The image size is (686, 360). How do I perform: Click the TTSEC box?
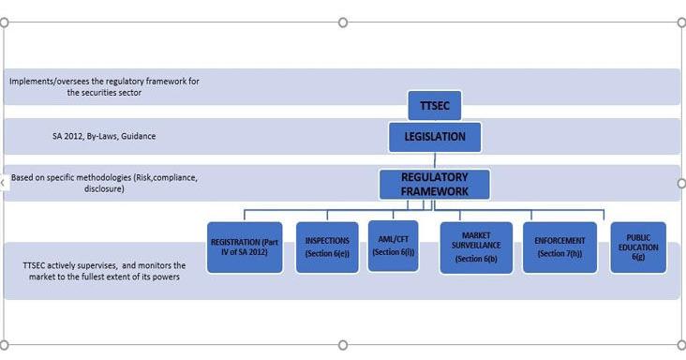click(x=435, y=105)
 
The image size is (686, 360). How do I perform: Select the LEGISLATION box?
click(x=435, y=137)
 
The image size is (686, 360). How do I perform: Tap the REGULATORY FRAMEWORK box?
click(x=435, y=184)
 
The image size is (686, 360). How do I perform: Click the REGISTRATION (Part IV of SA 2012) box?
click(x=246, y=247)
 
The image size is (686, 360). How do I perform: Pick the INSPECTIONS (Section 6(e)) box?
click(x=327, y=247)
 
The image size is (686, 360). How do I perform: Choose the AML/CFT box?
click(x=393, y=246)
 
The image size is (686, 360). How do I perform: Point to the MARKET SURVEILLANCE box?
click(x=476, y=247)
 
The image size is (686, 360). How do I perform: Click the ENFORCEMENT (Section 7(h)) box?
click(x=559, y=247)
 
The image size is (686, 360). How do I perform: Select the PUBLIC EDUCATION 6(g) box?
click(x=638, y=247)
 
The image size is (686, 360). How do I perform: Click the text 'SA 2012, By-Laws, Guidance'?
click(x=104, y=137)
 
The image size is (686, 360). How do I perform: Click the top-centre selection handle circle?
click(x=343, y=22)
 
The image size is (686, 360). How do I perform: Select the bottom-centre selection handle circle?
click(x=343, y=346)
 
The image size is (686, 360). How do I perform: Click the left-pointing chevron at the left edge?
click(x=4, y=183)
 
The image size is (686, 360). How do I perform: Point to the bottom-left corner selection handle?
click(x=4, y=346)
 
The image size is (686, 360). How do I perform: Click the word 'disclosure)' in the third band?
click(x=104, y=188)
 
